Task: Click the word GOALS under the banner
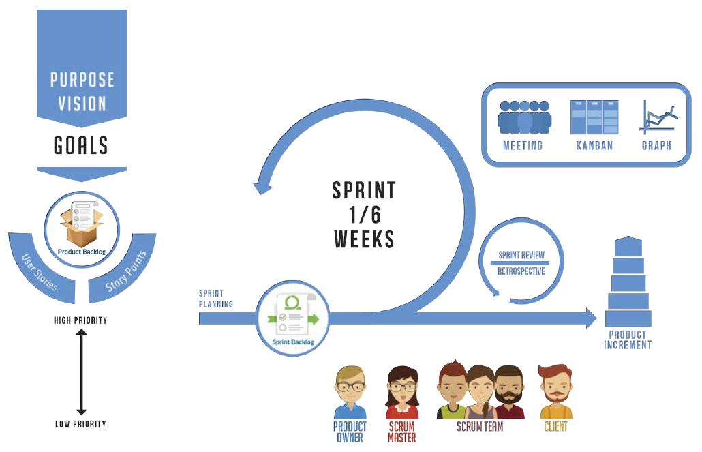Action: pyautogui.click(x=81, y=145)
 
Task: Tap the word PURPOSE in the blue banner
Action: pyautogui.click(x=82, y=80)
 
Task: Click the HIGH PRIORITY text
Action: pyautogui.click(x=80, y=320)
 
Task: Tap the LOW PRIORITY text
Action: pyautogui.click(x=80, y=424)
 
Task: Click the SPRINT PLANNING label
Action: pyautogui.click(x=216, y=299)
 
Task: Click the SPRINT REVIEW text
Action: pyautogui.click(x=521, y=256)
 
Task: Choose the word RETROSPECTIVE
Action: pyautogui.click(x=521, y=271)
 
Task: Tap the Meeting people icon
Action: pyautogui.click(x=523, y=117)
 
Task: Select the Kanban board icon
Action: pyautogui.click(x=594, y=117)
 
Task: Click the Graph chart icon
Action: pyautogui.click(x=657, y=117)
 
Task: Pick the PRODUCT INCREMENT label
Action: pyautogui.click(x=628, y=340)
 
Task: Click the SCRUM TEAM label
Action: pyautogui.click(x=480, y=427)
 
